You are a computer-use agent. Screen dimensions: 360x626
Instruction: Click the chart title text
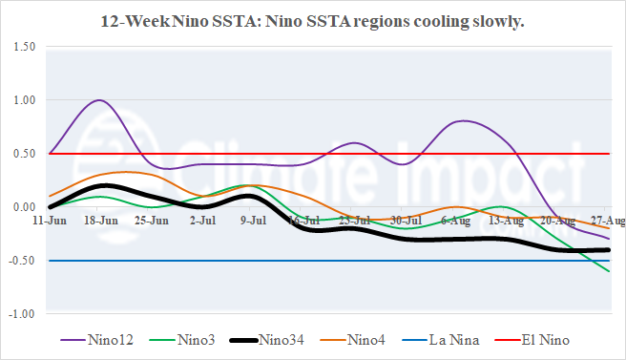click(x=312, y=20)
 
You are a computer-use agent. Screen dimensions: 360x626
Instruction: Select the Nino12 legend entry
click(x=96, y=339)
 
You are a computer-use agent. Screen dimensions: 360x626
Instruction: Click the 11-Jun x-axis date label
click(x=50, y=220)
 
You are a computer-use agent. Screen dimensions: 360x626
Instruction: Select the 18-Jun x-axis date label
click(x=100, y=220)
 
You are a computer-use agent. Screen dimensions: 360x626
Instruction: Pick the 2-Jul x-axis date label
click(x=202, y=220)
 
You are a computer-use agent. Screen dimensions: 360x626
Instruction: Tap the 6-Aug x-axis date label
click(x=457, y=220)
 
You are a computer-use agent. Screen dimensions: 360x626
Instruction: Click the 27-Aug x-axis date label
click(x=608, y=220)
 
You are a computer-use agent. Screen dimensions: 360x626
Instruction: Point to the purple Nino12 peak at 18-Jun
click(x=100, y=100)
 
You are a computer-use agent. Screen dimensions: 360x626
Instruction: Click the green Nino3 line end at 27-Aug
click(x=610, y=271)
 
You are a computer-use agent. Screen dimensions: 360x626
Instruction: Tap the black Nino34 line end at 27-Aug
click(x=609, y=250)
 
